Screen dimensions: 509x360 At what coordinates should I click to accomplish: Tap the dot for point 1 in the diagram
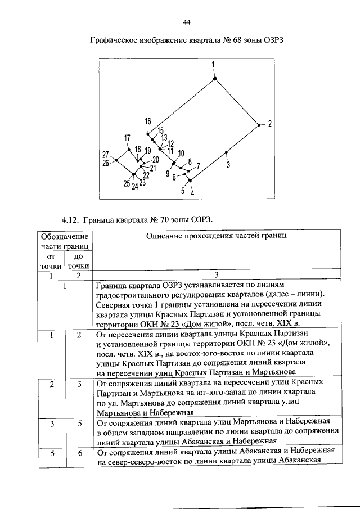(x=214, y=76)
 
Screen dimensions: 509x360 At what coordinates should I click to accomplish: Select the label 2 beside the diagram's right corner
(x=269, y=124)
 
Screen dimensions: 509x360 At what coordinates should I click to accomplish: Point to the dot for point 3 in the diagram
(x=226, y=152)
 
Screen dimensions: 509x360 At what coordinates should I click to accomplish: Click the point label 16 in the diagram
(x=148, y=122)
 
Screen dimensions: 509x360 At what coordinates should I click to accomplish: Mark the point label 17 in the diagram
(x=127, y=138)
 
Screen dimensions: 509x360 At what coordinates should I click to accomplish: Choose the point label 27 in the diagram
(x=105, y=155)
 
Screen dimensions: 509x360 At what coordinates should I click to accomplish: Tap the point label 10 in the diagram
(x=181, y=153)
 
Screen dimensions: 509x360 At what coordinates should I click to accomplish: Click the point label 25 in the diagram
(x=126, y=183)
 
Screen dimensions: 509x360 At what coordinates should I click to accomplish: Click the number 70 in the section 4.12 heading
(x=168, y=218)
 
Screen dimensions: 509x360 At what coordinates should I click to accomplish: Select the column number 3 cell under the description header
(x=217, y=275)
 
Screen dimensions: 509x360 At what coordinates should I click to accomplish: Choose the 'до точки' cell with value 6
(x=79, y=452)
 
